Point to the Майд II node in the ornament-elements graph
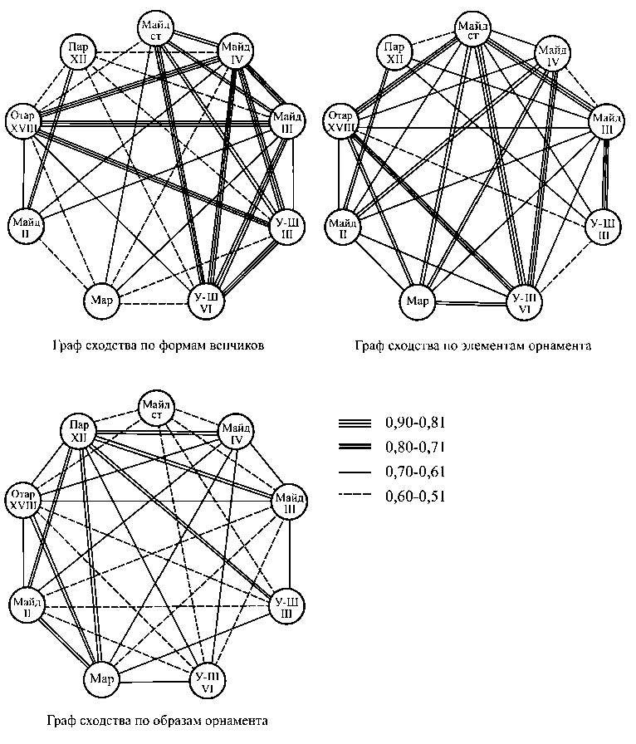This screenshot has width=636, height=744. (x=341, y=225)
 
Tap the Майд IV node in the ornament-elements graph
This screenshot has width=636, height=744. (x=552, y=55)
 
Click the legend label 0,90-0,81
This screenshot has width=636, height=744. (x=415, y=423)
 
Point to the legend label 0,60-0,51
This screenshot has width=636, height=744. (x=415, y=498)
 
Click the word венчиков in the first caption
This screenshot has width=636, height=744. (x=236, y=346)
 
